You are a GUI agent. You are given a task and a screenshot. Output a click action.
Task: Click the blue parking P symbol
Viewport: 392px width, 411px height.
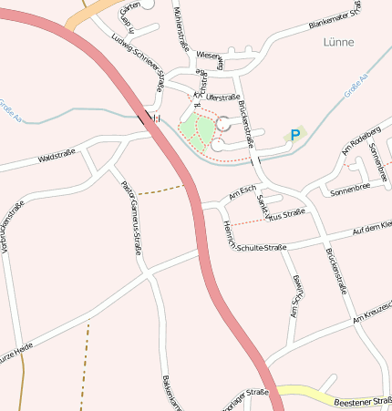294,135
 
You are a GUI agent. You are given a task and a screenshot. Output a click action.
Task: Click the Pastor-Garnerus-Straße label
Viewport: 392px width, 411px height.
132,216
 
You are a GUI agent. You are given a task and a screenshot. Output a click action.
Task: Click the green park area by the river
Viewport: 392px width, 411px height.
192,127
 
